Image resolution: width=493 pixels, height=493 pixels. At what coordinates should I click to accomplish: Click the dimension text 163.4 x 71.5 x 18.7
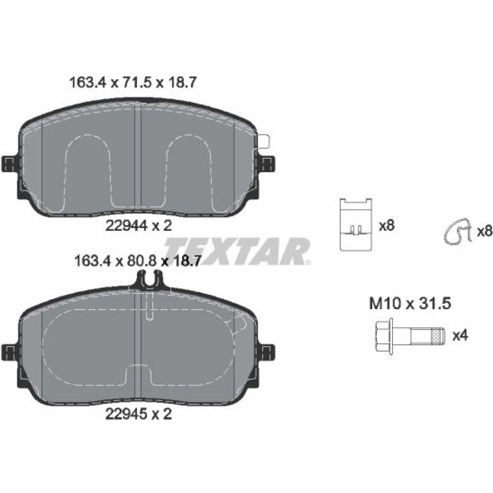pyautogui.click(x=133, y=83)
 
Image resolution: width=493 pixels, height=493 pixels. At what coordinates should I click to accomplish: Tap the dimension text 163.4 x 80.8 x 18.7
pyautogui.click(x=138, y=261)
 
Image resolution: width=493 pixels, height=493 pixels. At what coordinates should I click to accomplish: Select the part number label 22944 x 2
pyautogui.click(x=139, y=225)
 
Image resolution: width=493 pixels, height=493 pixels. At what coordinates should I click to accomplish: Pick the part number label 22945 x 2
pyautogui.click(x=139, y=414)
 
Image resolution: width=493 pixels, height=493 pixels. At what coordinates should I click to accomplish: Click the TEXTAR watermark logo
pyautogui.click(x=238, y=251)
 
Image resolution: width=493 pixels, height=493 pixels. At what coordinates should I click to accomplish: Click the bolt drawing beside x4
pyautogui.click(x=410, y=335)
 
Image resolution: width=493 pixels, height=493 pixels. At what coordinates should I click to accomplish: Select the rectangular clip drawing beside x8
pyautogui.click(x=356, y=224)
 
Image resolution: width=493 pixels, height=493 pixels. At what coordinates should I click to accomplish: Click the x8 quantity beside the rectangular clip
pyautogui.click(x=387, y=225)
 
